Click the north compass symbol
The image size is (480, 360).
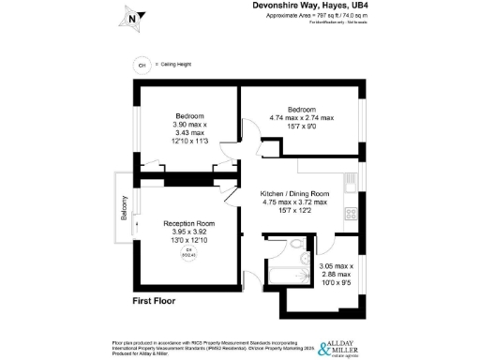pyautogui.click(x=132, y=16)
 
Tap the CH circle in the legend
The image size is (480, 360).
pyautogui.click(x=142, y=66)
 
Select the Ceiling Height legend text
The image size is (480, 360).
pyautogui.click(x=176, y=66)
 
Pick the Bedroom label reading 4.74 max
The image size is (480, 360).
pyautogui.click(x=301, y=113)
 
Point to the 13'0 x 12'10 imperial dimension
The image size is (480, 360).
pyautogui.click(x=189, y=241)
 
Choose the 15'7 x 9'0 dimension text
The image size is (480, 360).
pyautogui.click(x=301, y=127)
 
